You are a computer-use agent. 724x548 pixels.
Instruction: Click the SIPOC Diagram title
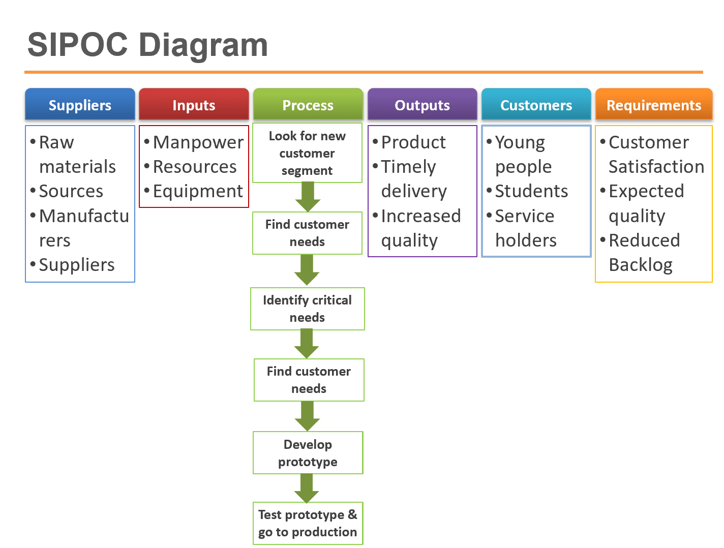(x=147, y=45)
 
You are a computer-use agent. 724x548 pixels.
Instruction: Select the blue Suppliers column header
(x=80, y=105)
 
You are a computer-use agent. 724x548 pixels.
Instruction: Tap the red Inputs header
(x=194, y=105)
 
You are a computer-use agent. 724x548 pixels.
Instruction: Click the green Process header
(x=308, y=105)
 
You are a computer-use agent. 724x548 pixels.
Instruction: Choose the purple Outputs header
(x=422, y=105)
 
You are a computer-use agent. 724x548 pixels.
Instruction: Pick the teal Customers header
(x=536, y=105)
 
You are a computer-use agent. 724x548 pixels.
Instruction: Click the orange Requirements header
(x=653, y=105)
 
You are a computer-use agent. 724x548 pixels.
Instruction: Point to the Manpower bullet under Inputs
(x=198, y=142)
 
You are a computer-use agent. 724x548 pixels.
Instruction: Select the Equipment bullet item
(x=198, y=191)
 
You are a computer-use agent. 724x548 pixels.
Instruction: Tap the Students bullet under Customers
(x=531, y=191)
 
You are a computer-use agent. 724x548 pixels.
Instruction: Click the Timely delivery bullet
(x=413, y=179)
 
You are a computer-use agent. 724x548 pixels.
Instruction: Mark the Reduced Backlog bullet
(x=644, y=252)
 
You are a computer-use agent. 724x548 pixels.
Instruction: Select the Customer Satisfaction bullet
(x=655, y=154)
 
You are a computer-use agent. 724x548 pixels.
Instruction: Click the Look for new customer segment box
(x=307, y=153)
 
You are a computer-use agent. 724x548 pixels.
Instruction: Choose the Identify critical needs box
(x=307, y=309)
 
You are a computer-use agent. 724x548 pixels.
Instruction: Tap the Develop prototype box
(x=308, y=453)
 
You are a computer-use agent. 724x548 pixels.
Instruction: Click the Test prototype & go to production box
(x=308, y=523)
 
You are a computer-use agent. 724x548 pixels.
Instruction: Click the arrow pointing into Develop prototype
(x=307, y=416)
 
